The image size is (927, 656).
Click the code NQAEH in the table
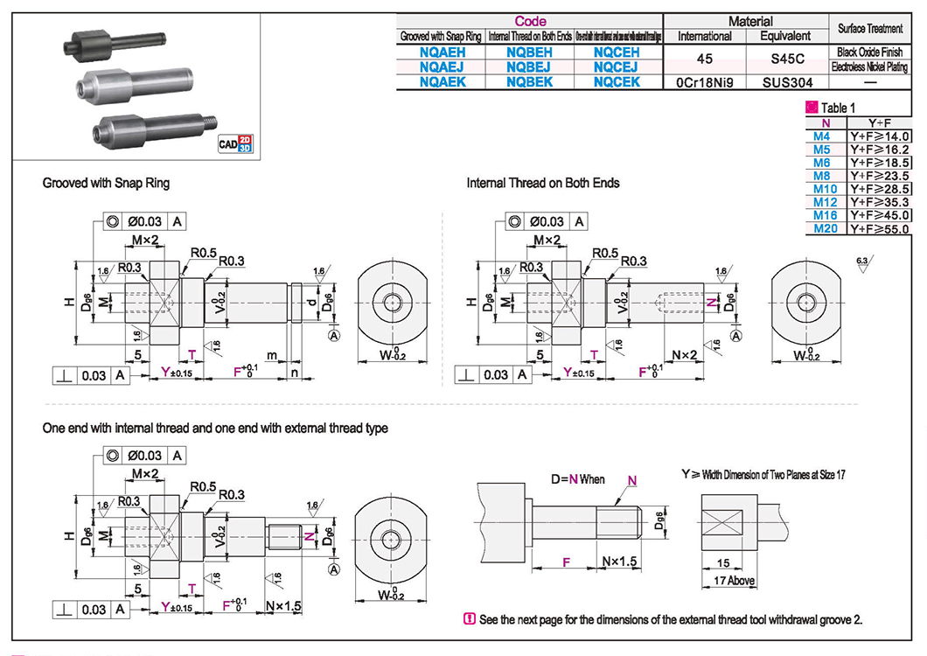(x=442, y=52)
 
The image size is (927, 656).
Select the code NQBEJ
(x=530, y=66)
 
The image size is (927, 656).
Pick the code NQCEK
(x=617, y=81)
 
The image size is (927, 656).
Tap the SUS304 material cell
(x=786, y=82)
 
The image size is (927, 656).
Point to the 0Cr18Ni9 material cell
(x=705, y=82)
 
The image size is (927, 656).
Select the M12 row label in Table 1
(x=826, y=202)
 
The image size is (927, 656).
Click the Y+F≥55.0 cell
(x=880, y=228)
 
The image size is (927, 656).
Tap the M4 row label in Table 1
(x=822, y=136)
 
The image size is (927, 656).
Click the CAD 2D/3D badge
(x=234, y=143)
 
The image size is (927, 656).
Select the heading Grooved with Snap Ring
(x=106, y=184)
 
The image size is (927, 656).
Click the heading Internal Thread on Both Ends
(x=542, y=184)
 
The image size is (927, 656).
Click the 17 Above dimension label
(x=735, y=581)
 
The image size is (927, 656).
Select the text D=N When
(x=577, y=479)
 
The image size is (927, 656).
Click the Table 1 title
(x=834, y=108)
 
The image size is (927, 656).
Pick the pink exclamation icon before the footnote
(x=469, y=619)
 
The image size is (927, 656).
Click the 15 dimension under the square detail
(x=722, y=564)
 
